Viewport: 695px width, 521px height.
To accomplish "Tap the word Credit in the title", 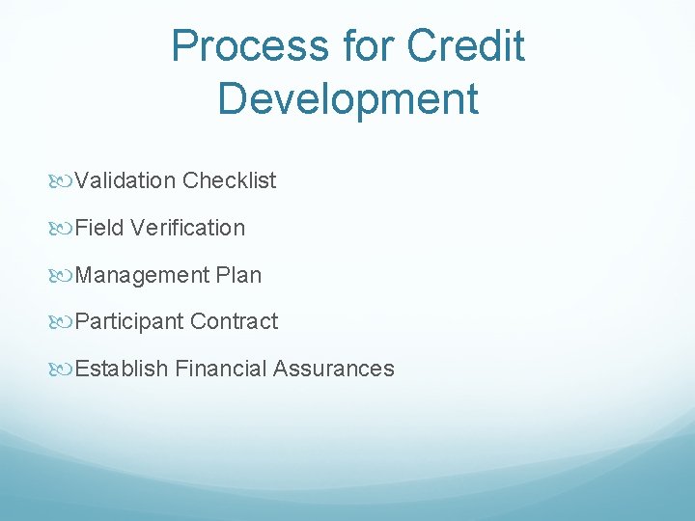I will tap(466, 46).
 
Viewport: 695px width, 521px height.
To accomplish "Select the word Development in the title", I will tap(347, 98).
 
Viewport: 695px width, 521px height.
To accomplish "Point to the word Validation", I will tap(125, 180).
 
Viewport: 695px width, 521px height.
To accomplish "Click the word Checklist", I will tap(229, 180).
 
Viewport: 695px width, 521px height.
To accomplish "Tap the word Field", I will tap(99, 228).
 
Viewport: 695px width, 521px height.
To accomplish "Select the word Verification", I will tap(187, 228).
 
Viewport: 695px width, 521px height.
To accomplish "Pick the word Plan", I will tap(238, 275).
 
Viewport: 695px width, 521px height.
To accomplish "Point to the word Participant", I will tap(129, 321).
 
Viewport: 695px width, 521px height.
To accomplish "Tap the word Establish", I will tap(123, 369).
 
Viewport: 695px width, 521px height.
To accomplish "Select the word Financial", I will tap(221, 369).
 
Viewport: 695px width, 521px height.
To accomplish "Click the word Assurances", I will tap(334, 369).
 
